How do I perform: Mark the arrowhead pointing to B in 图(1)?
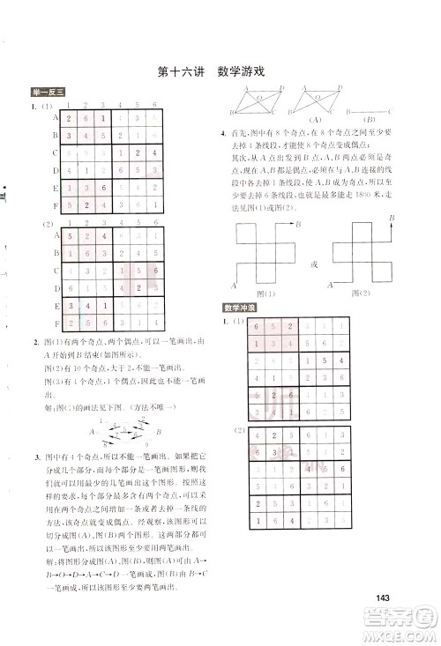point(294,225)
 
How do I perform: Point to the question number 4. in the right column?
point(224,134)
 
